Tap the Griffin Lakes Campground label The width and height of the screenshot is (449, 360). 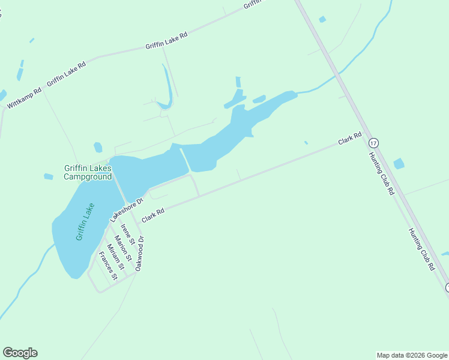[x=88, y=172]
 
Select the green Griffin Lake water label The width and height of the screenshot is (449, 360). [x=85, y=222]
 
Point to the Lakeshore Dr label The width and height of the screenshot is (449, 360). [x=127, y=209]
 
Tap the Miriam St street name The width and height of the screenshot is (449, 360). [x=115, y=257]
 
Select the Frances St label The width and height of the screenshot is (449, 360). [x=108, y=266]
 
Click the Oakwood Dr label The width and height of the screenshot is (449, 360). [x=140, y=254]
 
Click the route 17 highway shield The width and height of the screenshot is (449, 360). [x=373, y=143]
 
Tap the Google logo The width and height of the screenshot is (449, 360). [x=20, y=353]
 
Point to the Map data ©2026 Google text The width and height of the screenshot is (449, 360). [x=412, y=355]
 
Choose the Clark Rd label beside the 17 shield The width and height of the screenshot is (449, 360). [x=349, y=139]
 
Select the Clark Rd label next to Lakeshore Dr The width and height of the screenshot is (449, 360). [x=153, y=215]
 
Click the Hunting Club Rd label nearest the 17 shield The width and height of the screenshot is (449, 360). [x=381, y=173]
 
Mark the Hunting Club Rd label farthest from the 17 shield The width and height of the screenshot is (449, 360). [x=421, y=249]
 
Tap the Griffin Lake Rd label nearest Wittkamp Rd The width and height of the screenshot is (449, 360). [x=66, y=74]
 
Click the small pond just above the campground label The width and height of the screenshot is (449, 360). [x=98, y=147]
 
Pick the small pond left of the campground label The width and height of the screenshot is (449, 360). [x=49, y=176]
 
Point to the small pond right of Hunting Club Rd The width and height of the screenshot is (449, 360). [x=399, y=163]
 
